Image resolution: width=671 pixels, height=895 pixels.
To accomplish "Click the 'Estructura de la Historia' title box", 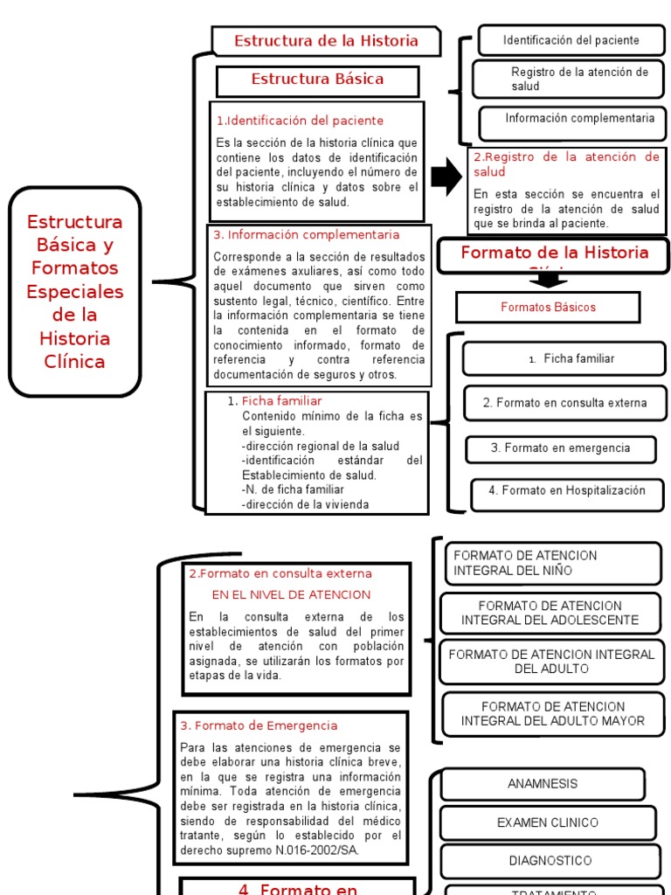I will pyautogui.click(x=327, y=41).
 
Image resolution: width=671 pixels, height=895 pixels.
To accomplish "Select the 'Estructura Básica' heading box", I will pyautogui.click(x=317, y=80).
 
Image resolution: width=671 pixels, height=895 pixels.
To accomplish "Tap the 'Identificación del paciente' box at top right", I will pyautogui.click(x=571, y=40).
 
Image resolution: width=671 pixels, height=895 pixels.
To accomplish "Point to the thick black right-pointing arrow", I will pyautogui.click(x=446, y=177).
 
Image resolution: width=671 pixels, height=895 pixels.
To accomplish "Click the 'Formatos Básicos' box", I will pyautogui.click(x=548, y=307).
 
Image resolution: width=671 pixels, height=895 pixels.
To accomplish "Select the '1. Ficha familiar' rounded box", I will pyautogui.click(x=564, y=358).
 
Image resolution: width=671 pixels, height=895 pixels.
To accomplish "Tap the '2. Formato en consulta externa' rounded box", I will pyautogui.click(x=564, y=403).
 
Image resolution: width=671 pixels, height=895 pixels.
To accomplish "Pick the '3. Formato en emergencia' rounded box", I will pyautogui.click(x=560, y=448).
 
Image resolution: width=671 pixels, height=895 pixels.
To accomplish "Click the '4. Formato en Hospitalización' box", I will pyautogui.click(x=566, y=491).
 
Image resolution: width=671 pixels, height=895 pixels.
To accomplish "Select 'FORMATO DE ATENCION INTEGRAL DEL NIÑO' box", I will pyautogui.click(x=552, y=564).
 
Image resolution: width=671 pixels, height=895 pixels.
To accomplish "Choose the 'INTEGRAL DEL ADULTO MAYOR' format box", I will pyautogui.click(x=552, y=713).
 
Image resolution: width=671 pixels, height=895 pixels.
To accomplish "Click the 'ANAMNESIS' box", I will pyautogui.click(x=542, y=784).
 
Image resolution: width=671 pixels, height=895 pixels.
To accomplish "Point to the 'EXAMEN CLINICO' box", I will pyautogui.click(x=547, y=822).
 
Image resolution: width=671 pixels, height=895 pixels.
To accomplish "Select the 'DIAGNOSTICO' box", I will pyautogui.click(x=549, y=861).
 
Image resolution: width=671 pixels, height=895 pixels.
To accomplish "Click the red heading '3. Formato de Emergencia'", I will pyautogui.click(x=259, y=725).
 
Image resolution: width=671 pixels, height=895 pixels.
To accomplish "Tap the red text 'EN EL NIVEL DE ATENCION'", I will pyautogui.click(x=291, y=594).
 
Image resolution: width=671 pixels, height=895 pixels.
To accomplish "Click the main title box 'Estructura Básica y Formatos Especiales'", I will pyautogui.click(x=74, y=291).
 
